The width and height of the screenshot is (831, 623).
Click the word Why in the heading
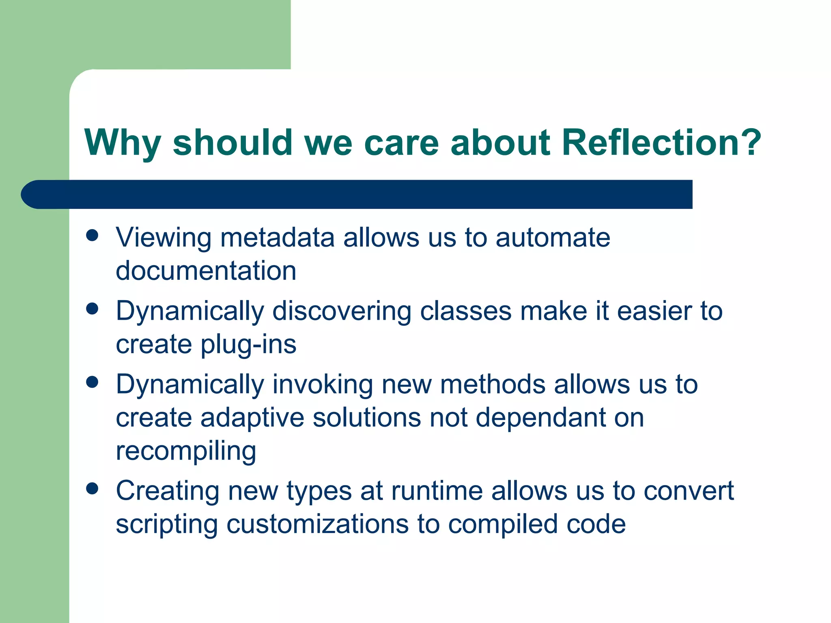click(x=122, y=143)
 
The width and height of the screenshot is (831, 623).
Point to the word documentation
click(x=206, y=271)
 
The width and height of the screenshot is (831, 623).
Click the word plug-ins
click(x=248, y=345)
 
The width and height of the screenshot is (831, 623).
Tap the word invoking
click(x=322, y=385)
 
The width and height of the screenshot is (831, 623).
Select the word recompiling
click(x=186, y=451)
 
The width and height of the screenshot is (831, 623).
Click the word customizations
click(x=317, y=524)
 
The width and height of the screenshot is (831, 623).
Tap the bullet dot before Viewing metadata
click(x=93, y=235)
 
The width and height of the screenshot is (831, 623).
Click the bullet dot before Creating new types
click(x=93, y=489)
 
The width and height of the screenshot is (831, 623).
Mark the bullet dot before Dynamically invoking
click(x=93, y=382)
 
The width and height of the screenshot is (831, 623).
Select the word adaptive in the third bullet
click(x=252, y=418)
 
